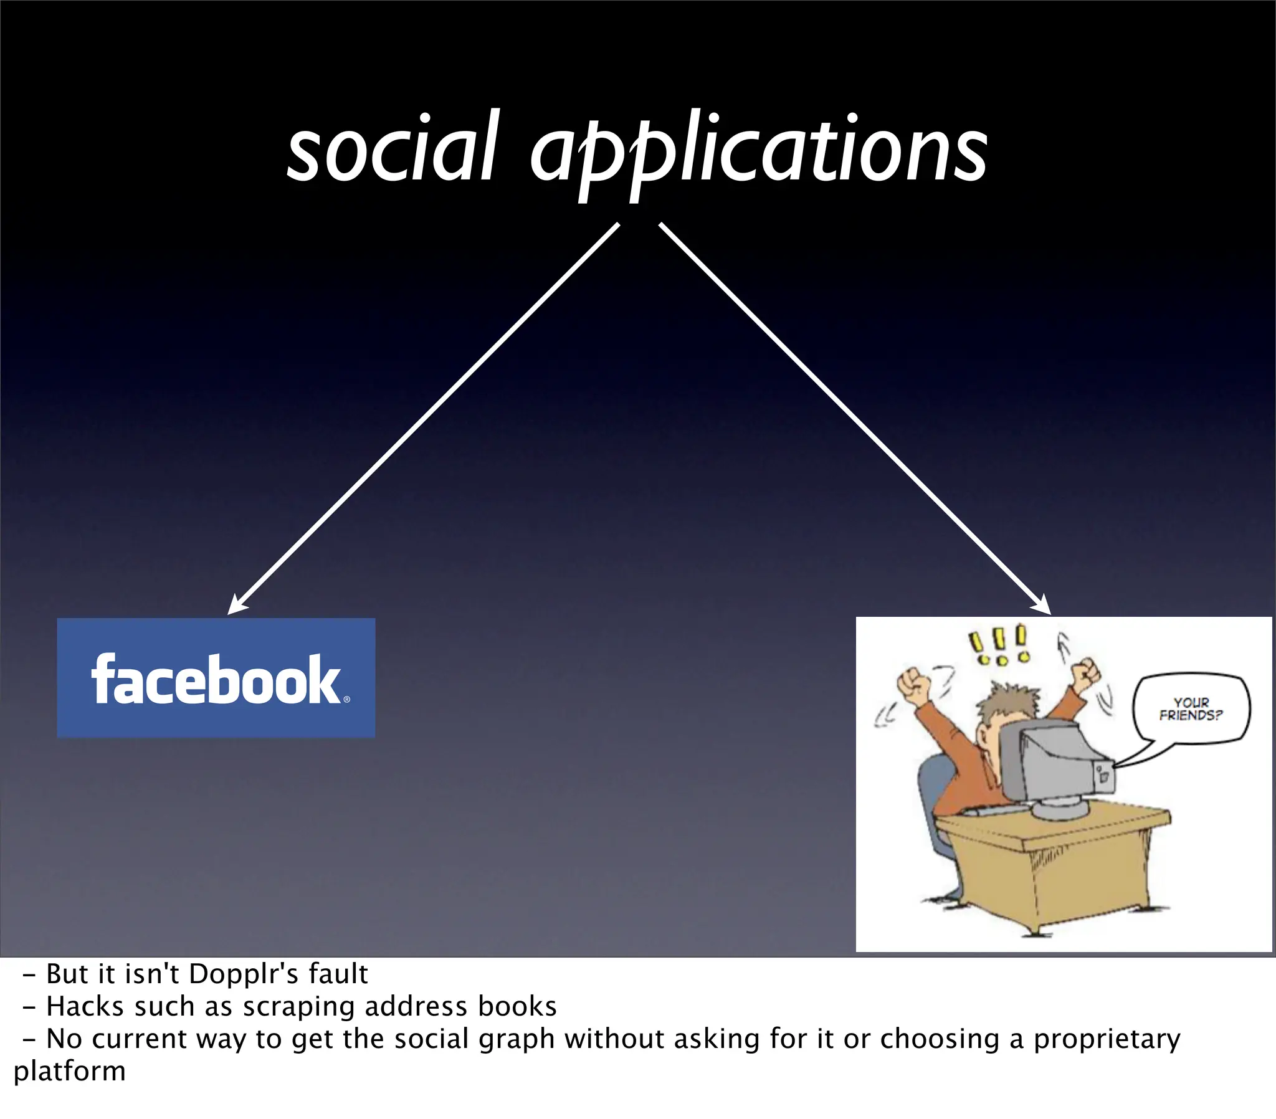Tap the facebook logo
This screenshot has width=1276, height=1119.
216,678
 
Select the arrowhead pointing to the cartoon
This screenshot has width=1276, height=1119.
1042,606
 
